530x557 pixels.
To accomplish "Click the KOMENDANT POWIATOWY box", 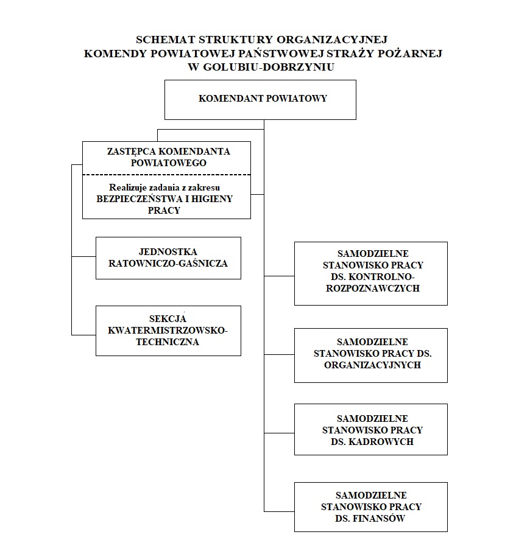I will [260, 99].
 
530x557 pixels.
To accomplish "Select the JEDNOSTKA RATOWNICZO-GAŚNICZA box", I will [168, 258].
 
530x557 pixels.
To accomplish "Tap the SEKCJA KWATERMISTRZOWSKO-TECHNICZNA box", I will [168, 331].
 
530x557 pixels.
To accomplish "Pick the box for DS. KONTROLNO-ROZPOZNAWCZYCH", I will [370, 273].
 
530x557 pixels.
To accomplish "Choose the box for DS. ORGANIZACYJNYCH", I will [370, 355].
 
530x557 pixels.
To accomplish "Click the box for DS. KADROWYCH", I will [370, 429].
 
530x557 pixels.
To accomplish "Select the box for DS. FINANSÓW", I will [370, 507].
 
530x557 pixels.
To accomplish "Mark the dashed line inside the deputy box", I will [166, 175].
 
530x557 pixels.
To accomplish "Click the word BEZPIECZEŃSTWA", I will [135, 199].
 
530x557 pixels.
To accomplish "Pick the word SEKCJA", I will [168, 318].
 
